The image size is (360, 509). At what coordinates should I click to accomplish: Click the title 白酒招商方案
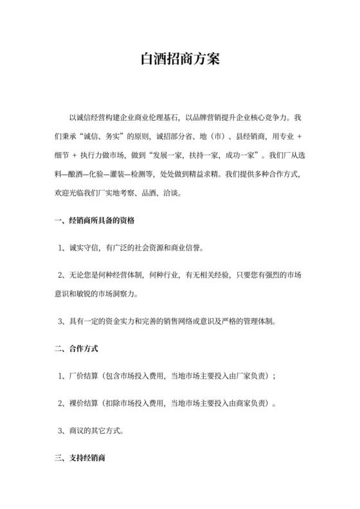coord(180,60)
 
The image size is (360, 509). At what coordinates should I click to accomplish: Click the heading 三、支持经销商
coord(80,460)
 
